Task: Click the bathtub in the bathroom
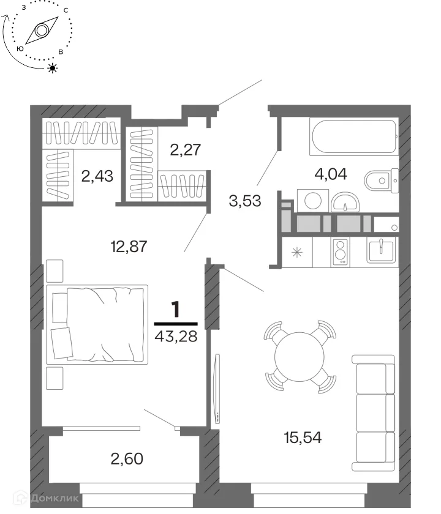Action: pos(354,136)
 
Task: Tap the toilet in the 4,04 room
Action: pos(381,180)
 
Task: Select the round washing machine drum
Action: pos(313,201)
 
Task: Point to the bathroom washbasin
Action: pos(345,203)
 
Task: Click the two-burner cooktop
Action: pos(341,251)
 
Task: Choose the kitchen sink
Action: pos(381,250)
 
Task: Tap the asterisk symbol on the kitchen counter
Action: pos(297,252)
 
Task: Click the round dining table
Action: pos(300,357)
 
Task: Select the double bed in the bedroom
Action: pos(97,324)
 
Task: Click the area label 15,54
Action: pos(303,438)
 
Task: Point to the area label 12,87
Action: pos(129,246)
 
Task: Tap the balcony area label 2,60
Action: pos(127,458)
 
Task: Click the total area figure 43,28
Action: pos(176,336)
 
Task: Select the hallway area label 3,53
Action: pos(245,201)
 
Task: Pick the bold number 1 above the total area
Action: pos(176,310)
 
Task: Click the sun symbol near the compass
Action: pos(53,68)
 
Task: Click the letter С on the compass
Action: pos(66,10)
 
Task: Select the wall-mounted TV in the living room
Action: pos(217,388)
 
